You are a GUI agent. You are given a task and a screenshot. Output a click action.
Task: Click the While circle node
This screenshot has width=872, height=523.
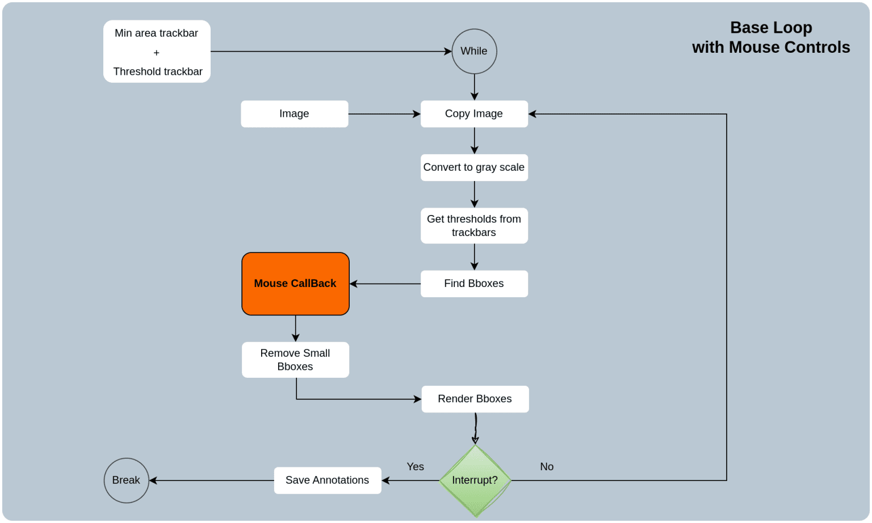[474, 52]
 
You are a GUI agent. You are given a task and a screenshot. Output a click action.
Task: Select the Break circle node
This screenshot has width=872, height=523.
[126, 480]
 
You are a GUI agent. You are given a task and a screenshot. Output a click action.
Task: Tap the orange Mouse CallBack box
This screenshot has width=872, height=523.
[295, 284]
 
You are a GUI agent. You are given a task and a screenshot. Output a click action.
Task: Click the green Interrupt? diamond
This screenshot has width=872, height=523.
[475, 480]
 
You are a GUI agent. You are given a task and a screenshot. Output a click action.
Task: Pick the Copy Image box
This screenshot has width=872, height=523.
[474, 114]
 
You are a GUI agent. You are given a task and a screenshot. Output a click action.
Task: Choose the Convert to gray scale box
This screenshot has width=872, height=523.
[474, 167]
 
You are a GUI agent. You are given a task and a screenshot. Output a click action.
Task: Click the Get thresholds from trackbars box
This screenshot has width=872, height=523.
[474, 226]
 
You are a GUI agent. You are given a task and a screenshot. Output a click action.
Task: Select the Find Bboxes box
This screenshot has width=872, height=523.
[474, 284]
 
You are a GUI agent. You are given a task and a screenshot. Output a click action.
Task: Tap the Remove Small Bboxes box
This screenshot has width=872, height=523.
[295, 360]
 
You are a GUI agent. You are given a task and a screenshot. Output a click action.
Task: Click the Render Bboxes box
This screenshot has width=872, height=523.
[475, 399]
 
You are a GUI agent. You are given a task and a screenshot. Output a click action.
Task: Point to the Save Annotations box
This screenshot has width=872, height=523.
[328, 480]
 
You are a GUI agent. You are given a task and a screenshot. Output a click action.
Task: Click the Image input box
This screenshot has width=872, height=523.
[294, 114]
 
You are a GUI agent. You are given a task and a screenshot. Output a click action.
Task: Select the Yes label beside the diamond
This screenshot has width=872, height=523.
[415, 467]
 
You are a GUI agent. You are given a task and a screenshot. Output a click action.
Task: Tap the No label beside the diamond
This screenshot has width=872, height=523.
[547, 467]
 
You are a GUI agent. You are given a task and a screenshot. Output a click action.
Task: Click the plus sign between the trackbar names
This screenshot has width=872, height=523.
[157, 53]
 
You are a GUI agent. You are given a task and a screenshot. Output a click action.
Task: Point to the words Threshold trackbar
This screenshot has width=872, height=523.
[158, 71]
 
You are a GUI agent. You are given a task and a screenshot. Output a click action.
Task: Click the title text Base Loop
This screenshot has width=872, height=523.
[771, 28]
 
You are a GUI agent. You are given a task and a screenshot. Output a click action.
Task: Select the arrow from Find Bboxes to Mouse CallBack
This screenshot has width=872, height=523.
[385, 284]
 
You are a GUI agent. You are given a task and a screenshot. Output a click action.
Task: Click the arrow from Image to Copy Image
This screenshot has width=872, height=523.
[384, 114]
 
